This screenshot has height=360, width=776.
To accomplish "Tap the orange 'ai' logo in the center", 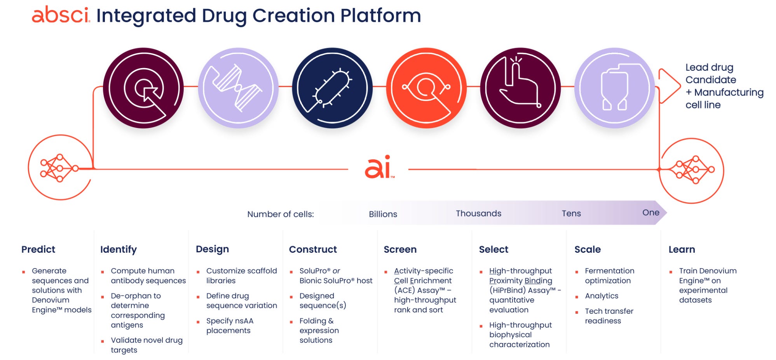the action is pyautogui.click(x=378, y=168).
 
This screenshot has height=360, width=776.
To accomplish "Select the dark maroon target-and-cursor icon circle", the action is pyautogui.click(x=143, y=88).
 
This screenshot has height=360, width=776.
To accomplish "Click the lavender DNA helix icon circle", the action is pyautogui.click(x=238, y=88).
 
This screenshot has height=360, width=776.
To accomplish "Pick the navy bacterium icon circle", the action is pyautogui.click(x=332, y=88).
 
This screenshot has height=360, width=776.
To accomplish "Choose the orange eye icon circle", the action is pyautogui.click(x=426, y=88).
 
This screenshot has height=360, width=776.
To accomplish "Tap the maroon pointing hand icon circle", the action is pyautogui.click(x=520, y=88).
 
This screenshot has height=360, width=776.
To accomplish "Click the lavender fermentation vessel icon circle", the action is pyautogui.click(x=614, y=88).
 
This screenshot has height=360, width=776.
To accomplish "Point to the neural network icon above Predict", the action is pyautogui.click(x=60, y=168).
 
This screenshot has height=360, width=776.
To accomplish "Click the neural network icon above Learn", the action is pyautogui.click(x=692, y=170).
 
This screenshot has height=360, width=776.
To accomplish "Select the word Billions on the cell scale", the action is pyautogui.click(x=383, y=214).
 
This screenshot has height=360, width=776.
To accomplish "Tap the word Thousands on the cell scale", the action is pyautogui.click(x=478, y=213).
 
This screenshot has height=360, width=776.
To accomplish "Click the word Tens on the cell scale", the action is pyautogui.click(x=571, y=213).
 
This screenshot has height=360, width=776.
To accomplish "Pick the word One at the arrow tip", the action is pyautogui.click(x=650, y=213).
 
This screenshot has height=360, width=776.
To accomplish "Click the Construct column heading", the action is pyautogui.click(x=313, y=250).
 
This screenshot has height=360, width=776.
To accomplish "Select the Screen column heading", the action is pyautogui.click(x=400, y=250).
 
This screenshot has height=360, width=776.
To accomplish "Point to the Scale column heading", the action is pyautogui.click(x=588, y=250).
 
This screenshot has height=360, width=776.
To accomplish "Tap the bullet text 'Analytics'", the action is pyautogui.click(x=602, y=296).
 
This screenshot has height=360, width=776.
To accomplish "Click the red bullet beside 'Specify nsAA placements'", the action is pyautogui.click(x=198, y=322).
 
